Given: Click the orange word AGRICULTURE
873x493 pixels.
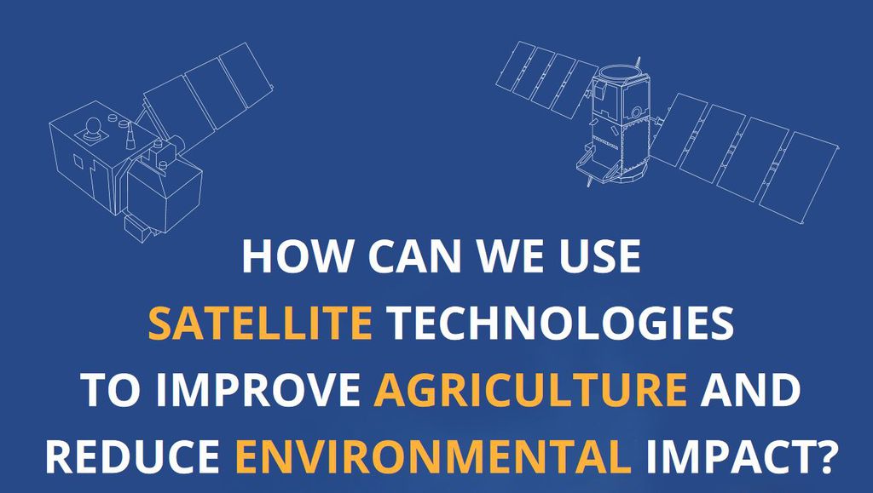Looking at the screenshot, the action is pos(530,389).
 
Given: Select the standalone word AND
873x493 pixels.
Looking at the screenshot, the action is pos(750,389).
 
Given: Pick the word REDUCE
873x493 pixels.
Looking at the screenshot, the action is pos(132,456).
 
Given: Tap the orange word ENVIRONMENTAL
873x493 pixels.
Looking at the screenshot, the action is pos(432,456).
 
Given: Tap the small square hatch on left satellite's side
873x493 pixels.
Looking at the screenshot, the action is pos(78,162).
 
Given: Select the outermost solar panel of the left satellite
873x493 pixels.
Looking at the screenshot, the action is pos(245,75).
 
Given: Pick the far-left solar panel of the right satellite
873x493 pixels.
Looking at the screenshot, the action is pos(516,66).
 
